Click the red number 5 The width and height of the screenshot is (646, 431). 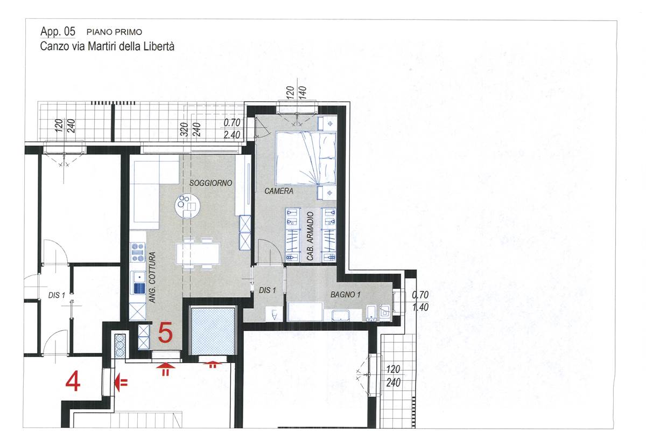(165, 332)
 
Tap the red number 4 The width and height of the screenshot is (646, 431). (73, 381)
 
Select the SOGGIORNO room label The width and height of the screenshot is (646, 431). (210, 183)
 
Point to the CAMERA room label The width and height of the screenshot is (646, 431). (279, 191)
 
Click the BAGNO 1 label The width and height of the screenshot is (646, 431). (345, 295)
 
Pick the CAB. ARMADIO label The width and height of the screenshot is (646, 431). (310, 236)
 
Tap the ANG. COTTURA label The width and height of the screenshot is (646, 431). (152, 277)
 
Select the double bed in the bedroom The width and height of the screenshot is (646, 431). (306, 158)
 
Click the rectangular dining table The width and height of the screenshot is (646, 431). (198, 254)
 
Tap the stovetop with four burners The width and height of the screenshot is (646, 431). (138, 252)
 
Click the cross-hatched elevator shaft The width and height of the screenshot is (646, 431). (213, 331)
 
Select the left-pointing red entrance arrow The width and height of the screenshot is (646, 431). (121, 383)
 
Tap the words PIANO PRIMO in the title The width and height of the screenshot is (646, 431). (114, 32)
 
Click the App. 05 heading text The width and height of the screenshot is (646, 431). (58, 31)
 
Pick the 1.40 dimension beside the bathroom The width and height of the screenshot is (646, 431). (420, 307)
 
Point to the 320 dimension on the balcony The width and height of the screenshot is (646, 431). (184, 130)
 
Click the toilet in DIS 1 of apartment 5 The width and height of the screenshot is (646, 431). (274, 315)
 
